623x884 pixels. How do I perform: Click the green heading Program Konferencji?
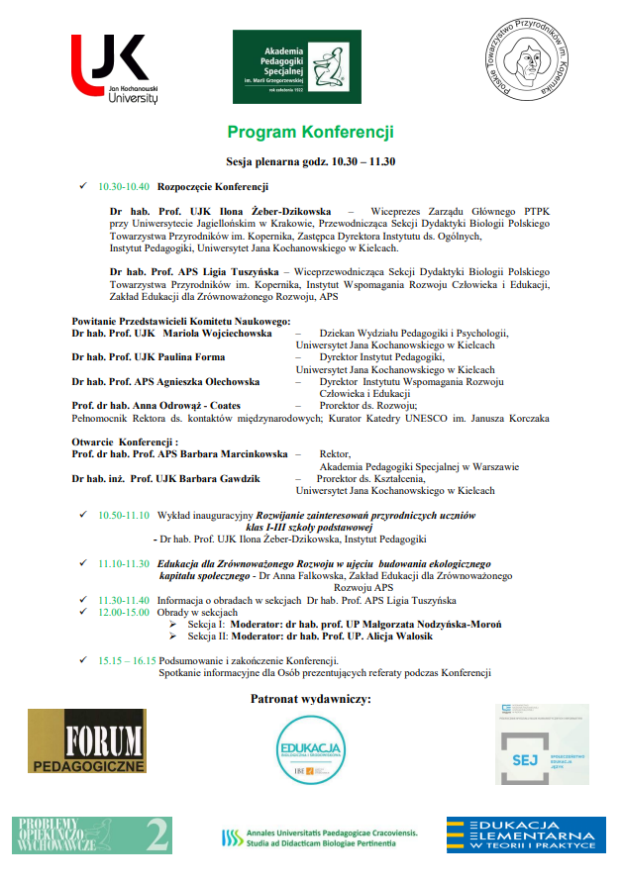[310, 132]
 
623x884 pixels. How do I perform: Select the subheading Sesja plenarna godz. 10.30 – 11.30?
[310, 162]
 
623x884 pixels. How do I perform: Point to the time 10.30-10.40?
[124, 186]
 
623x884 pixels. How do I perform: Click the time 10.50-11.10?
[124, 516]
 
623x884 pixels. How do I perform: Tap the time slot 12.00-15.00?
[124, 613]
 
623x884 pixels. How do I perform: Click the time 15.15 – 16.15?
[127, 660]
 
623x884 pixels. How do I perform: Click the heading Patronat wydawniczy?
[311, 700]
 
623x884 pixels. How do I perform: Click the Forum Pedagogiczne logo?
[87, 741]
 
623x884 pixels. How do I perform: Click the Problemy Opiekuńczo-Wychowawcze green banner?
[92, 835]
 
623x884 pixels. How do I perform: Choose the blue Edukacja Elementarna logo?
[526, 835]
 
